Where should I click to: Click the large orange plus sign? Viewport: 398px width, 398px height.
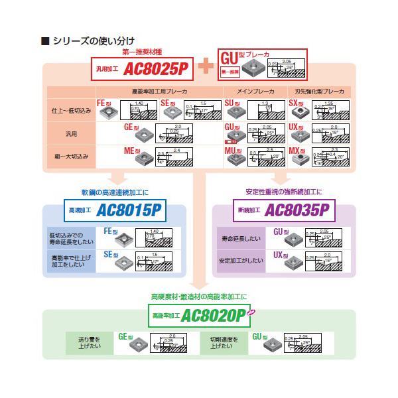[206, 65]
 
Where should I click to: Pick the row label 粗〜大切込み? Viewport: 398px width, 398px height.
[70, 155]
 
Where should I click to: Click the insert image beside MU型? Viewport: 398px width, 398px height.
[233, 160]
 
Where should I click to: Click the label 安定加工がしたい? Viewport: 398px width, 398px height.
[244, 260]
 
